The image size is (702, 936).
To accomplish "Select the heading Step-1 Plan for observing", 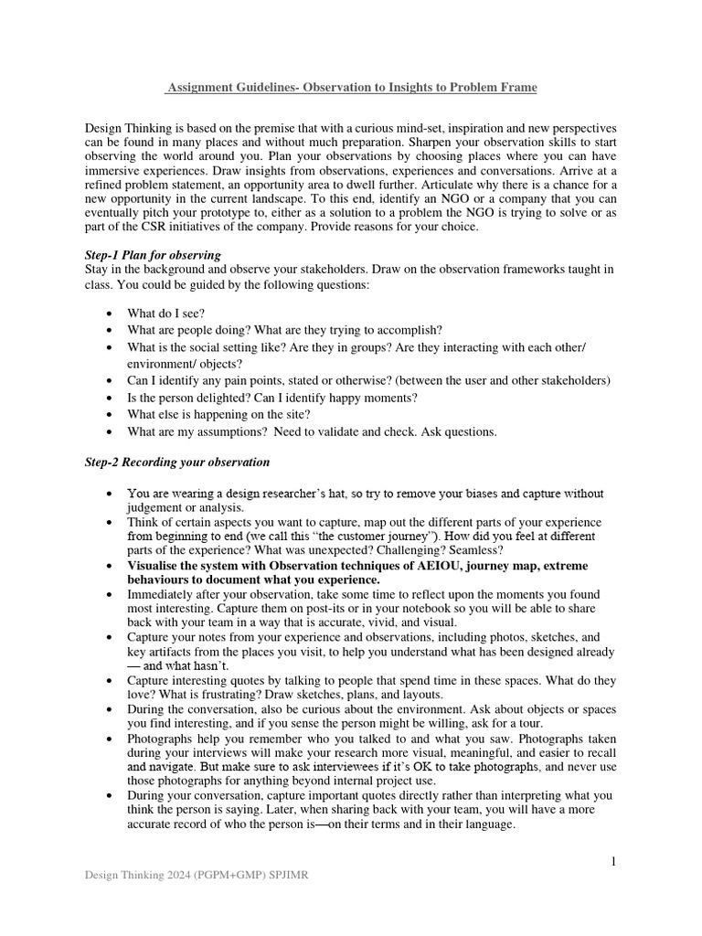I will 153,254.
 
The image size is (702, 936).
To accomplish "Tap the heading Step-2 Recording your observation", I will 177,463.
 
